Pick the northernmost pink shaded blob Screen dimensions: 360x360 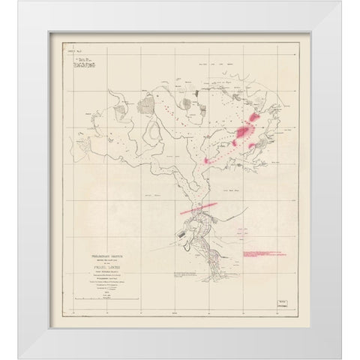coord(257,116)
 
